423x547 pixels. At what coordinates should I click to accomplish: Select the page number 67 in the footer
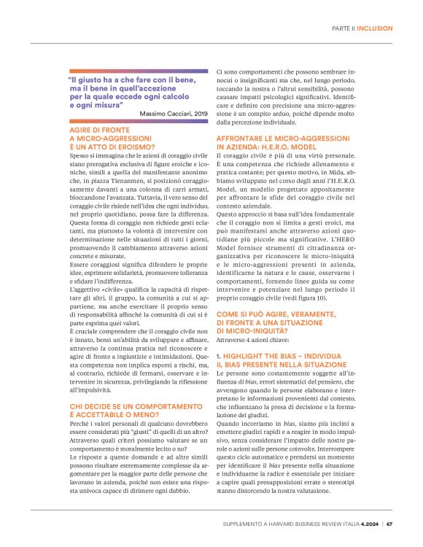click(390, 522)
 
